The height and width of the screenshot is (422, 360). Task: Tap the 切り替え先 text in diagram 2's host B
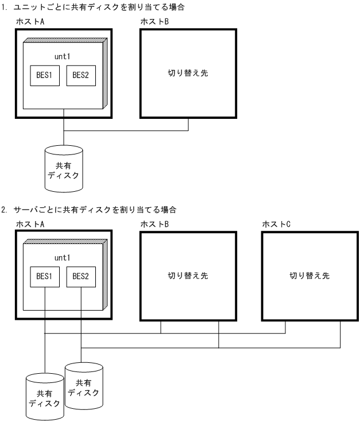pyautogui.click(x=189, y=275)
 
